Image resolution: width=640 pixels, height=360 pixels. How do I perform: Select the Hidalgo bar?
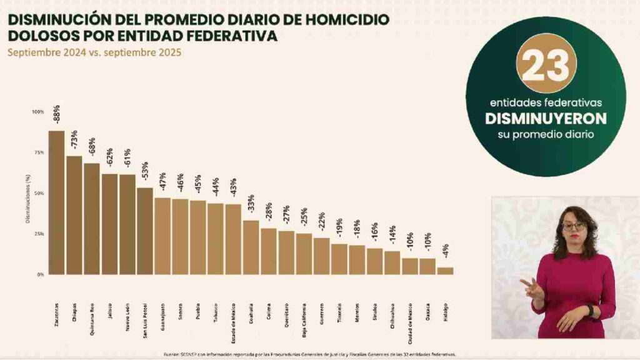tap(445, 271)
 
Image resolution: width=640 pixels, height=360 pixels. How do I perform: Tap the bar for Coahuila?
tap(251, 247)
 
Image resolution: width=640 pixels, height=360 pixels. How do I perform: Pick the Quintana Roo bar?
tap(92, 219)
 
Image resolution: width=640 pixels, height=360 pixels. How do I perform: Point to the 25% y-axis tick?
tap(38, 234)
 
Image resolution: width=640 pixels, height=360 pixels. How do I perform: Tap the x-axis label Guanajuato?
tap(163, 315)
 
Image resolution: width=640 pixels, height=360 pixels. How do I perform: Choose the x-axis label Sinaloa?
tap(375, 310)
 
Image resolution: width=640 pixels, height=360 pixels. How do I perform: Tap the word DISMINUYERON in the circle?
tap(546, 118)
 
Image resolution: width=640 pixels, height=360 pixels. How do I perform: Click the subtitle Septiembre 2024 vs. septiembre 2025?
tap(94, 53)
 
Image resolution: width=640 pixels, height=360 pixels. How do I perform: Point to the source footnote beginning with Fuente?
tap(310, 353)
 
